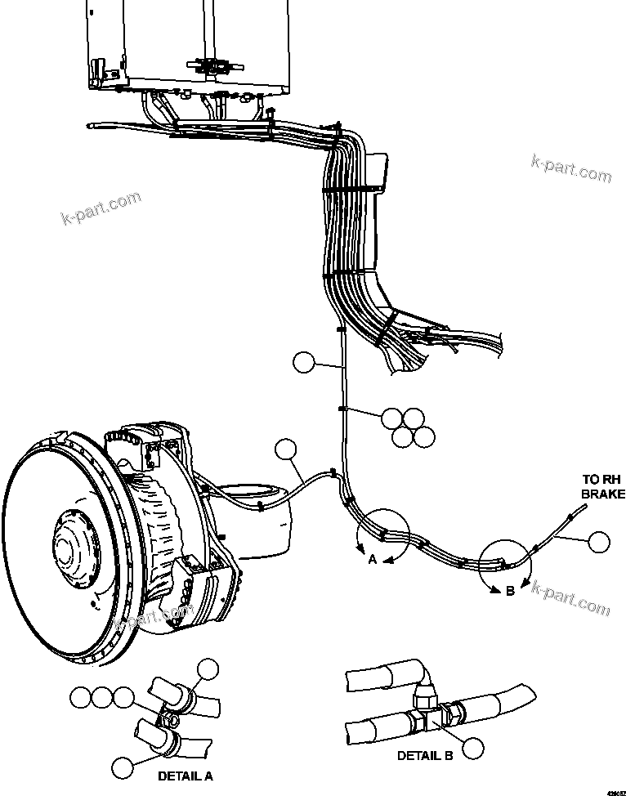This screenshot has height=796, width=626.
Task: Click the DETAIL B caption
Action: pos(424,756)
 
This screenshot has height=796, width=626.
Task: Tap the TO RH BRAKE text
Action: pos(603,486)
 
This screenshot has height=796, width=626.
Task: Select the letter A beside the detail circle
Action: pos(372,560)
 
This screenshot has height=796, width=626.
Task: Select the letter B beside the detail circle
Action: pos(510,590)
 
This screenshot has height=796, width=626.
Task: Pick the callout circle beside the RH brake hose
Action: pos(599,542)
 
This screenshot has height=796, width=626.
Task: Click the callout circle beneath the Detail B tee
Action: pos(472,748)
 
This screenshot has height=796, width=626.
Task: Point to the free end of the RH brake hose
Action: pos(586,508)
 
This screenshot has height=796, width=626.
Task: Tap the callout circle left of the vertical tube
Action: pos(303,362)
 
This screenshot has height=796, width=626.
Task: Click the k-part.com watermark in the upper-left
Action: pos(101,208)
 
